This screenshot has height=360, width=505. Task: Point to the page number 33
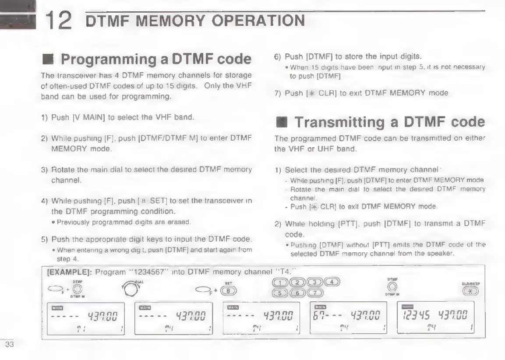(10, 344)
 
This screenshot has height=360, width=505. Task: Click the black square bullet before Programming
(47, 60)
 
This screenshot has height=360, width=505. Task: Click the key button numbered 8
(228, 291)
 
